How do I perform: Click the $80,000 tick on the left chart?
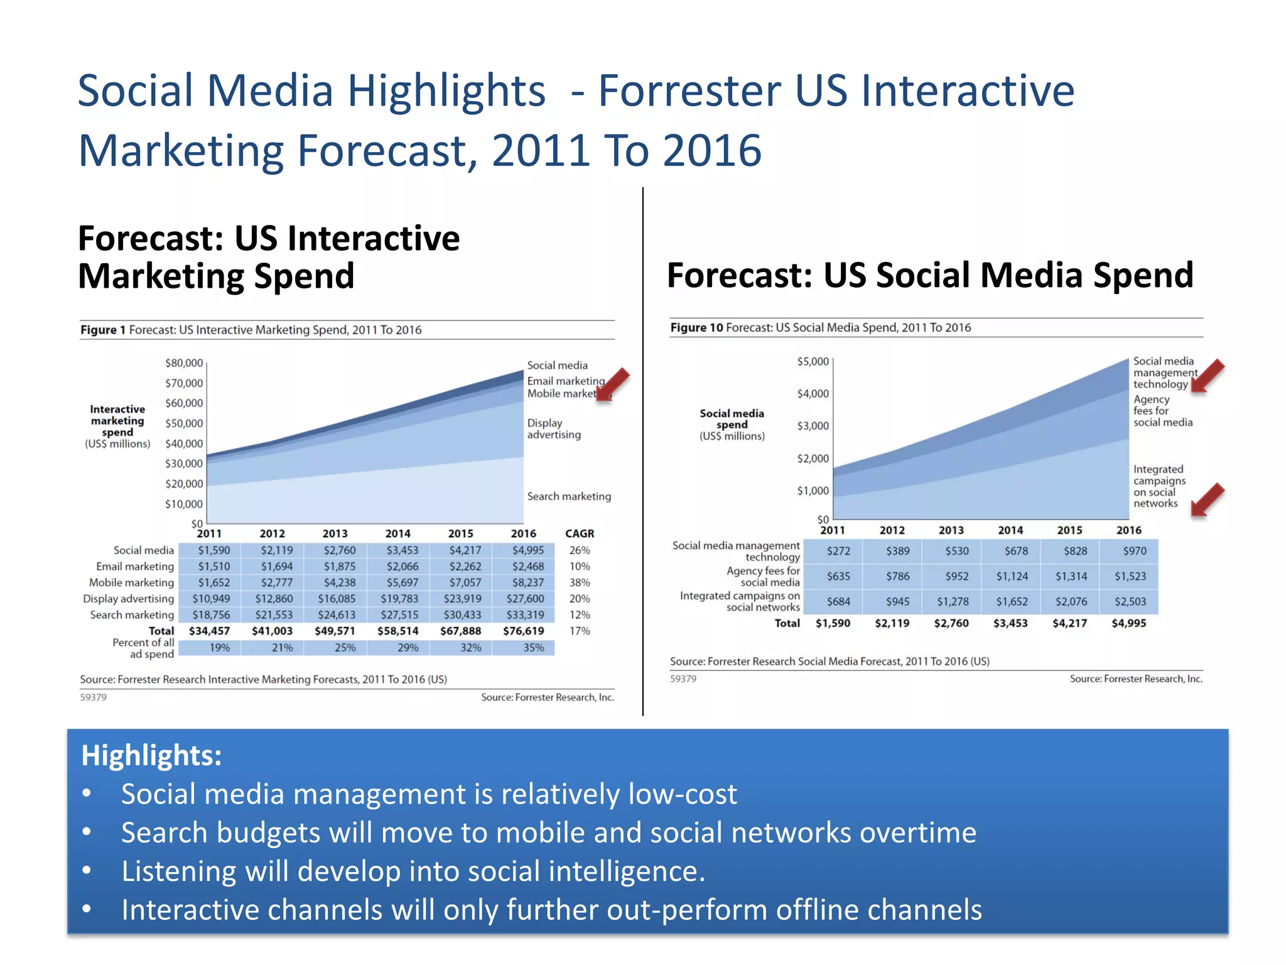184,363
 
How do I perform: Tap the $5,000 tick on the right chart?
813,361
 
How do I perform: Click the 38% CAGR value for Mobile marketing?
579,582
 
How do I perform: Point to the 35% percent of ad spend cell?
533,647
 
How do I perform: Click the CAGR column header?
579,533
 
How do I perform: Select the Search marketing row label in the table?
131,614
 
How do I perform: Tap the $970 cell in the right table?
1134,551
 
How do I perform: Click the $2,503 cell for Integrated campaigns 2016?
1130,601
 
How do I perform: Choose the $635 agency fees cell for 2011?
838,576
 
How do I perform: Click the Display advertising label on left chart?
553,428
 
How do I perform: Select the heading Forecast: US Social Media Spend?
929,275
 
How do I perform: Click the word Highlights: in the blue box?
151,755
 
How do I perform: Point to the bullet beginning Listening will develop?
413,871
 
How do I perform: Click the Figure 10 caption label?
696,327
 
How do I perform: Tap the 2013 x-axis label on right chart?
951,530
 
